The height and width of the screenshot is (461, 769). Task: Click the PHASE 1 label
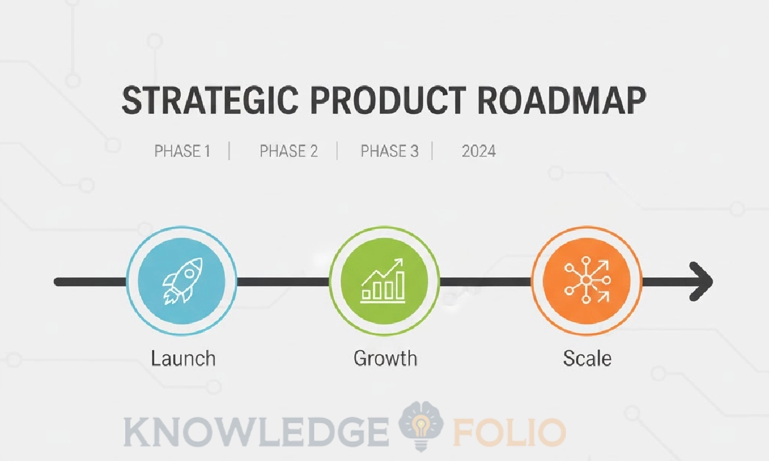click(x=183, y=152)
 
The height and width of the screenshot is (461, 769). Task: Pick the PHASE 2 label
click(x=288, y=152)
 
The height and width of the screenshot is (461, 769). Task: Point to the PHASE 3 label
click(x=390, y=152)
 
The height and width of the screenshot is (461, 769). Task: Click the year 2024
click(x=479, y=152)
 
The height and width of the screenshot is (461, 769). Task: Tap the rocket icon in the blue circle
click(x=182, y=281)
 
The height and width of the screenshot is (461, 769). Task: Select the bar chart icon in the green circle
click(x=384, y=281)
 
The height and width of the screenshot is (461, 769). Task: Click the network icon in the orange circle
click(x=586, y=281)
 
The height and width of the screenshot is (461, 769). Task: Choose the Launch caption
click(x=183, y=358)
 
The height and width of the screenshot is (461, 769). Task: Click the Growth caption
click(x=385, y=358)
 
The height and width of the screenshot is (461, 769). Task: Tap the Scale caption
click(x=587, y=358)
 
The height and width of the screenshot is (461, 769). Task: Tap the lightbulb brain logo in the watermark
click(x=421, y=426)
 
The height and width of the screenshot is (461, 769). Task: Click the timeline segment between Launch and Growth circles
click(x=283, y=281)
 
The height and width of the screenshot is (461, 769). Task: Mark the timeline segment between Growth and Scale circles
click(x=485, y=281)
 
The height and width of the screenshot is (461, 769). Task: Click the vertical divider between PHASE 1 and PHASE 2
click(x=229, y=152)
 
